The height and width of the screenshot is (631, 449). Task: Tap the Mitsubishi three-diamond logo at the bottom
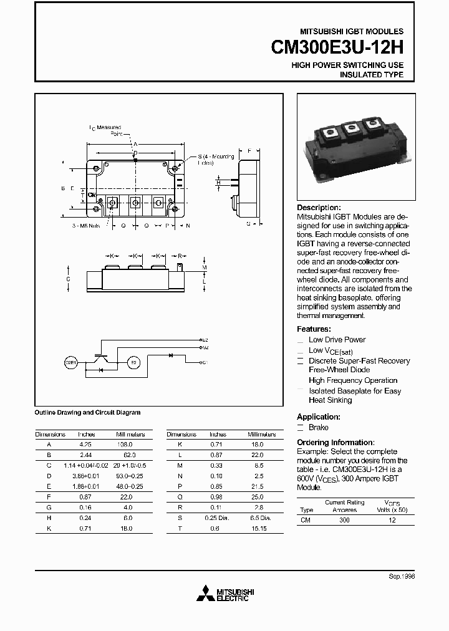tap(205, 594)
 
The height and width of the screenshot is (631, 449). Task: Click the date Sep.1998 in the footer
tap(402, 577)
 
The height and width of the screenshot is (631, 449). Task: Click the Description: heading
tap(319, 208)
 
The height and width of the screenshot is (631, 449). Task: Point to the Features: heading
tap(314, 329)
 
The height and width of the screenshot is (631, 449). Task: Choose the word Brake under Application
tap(318, 428)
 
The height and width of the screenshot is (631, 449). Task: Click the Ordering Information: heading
tap(336, 442)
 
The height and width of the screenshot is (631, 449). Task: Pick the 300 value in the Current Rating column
tap(344, 519)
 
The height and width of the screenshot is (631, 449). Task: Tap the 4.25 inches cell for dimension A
tap(85, 444)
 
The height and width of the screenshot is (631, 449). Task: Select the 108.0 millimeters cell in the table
tap(125, 444)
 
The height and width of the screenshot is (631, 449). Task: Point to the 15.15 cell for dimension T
tap(257, 529)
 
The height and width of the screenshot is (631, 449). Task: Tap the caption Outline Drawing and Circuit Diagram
tap(87, 412)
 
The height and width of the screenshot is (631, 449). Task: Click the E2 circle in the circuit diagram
tap(132, 362)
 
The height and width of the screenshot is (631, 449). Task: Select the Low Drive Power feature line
tap(337, 340)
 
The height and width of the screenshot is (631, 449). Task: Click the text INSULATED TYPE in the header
tap(371, 75)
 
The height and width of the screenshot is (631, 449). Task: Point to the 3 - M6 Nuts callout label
tap(86, 225)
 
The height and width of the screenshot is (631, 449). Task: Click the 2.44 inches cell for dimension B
tap(85, 455)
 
